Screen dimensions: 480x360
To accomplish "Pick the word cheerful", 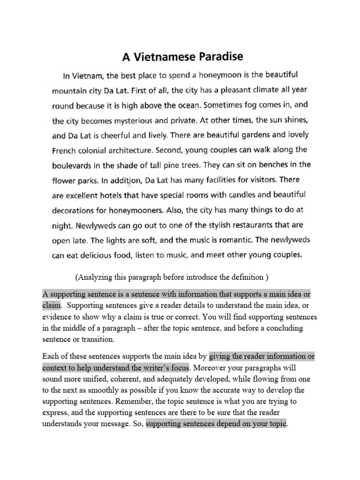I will tap(112, 135).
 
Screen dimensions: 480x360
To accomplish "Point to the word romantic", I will tap(232, 240).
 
